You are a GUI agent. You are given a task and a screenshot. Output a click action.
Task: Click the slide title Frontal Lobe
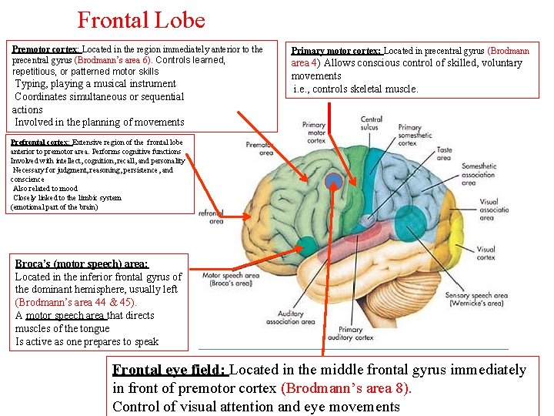(141, 19)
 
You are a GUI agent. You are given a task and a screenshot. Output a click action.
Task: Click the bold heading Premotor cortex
(46, 49)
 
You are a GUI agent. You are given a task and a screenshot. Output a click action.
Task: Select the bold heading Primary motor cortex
(336, 51)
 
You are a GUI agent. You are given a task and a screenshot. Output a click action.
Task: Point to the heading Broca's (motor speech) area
(82, 263)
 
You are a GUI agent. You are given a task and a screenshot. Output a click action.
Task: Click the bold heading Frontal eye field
(169, 370)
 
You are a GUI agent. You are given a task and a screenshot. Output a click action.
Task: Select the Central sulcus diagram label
(372, 124)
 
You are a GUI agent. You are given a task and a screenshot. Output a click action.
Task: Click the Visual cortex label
(486, 253)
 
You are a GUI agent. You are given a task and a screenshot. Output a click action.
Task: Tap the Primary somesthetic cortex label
(409, 136)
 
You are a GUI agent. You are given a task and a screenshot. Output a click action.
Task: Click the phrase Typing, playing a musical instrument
(95, 83)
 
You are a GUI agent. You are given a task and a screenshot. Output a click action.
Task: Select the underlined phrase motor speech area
(66, 315)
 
